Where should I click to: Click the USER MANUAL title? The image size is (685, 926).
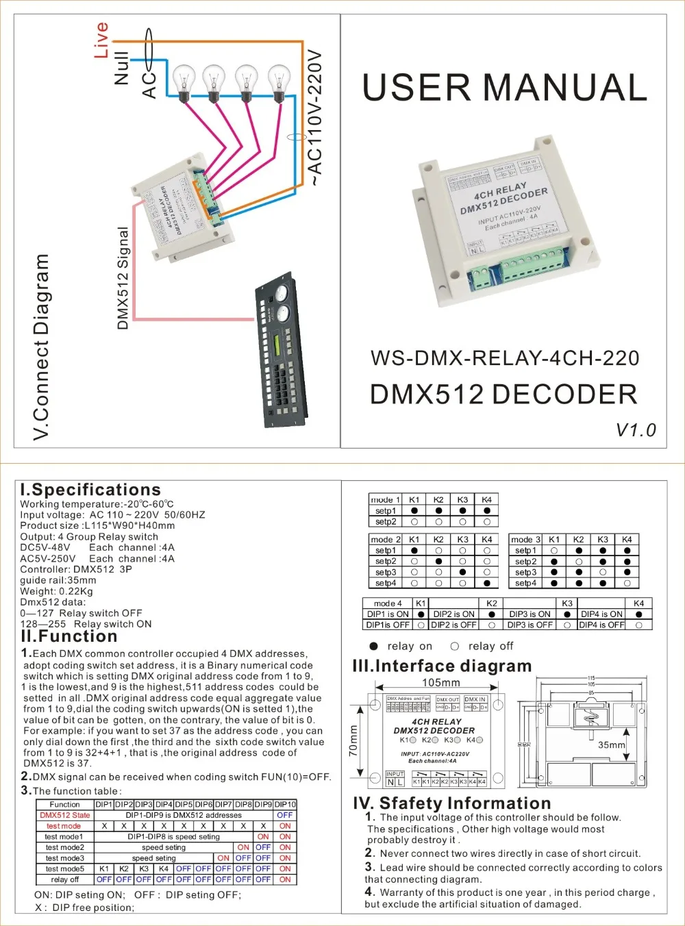coord(504,88)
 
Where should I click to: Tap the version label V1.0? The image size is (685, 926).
coord(635,430)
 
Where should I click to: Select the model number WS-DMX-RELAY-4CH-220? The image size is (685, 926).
coord(504,358)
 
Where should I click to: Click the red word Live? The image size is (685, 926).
coord(101,40)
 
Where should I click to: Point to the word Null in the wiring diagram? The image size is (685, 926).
coord(121,67)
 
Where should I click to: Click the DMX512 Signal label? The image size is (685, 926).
coord(123,278)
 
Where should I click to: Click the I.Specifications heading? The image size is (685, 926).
coord(90,490)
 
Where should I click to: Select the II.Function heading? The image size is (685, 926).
coord(69,636)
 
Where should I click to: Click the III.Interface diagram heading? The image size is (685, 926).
coord(442,666)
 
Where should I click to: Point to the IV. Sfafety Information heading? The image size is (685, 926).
coord(451,803)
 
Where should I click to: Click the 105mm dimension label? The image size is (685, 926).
coord(440,682)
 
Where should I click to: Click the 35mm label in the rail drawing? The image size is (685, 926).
coord(611,744)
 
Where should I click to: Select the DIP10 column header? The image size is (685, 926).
coord(285,804)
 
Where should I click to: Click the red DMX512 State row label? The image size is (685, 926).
coord(65,815)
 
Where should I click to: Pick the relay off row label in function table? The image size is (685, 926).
coord(65,879)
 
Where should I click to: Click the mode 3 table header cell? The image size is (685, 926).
coord(525,540)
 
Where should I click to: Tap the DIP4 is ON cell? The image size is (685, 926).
coord(601,614)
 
